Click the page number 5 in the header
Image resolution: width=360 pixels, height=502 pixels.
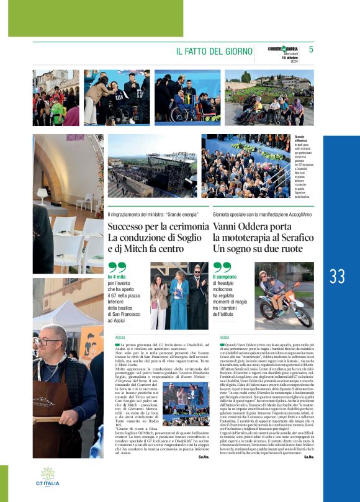[310, 49]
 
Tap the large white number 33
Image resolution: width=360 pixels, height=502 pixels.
[338, 276]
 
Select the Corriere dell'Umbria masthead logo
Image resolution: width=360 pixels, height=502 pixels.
[274, 49]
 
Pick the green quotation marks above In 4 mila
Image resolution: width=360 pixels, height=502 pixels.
[117, 267]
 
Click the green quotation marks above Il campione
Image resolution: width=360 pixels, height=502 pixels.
[222, 267]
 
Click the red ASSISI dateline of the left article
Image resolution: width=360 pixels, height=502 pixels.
[112, 337]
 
